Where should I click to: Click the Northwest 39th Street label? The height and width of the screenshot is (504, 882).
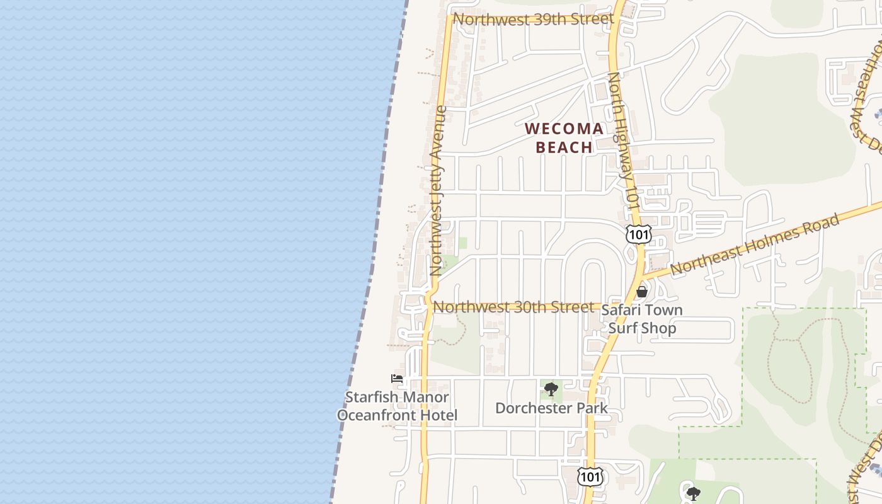[x=533, y=20]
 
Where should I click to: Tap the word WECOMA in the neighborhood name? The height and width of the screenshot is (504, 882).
[x=564, y=129]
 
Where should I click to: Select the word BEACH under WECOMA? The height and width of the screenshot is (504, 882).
[x=564, y=147]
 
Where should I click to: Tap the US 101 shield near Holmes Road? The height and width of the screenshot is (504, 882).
[x=638, y=234]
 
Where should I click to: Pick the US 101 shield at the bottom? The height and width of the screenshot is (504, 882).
[x=590, y=477]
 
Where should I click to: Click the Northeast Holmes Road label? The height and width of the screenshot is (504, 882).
[x=755, y=244]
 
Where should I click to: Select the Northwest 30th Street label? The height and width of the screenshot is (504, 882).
[x=514, y=307]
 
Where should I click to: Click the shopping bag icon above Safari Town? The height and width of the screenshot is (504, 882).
[x=642, y=292]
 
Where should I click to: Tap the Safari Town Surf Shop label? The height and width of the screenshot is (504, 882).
[x=642, y=319]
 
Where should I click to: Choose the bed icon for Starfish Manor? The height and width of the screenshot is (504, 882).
[x=397, y=379]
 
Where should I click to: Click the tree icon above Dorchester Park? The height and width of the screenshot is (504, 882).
[x=551, y=389]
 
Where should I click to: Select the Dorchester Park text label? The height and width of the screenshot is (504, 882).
[x=551, y=408]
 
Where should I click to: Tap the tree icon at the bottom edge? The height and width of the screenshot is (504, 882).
[x=693, y=493]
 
